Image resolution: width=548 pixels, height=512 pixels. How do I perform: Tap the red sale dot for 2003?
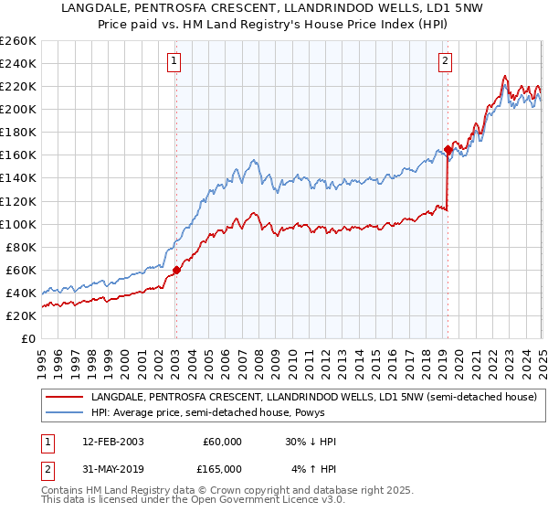point(176,270)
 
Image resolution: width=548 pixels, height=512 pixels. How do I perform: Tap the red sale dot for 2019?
point(448,149)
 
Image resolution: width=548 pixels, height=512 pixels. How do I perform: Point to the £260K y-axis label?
point(18,40)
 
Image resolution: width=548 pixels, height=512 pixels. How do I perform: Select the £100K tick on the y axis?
point(18,224)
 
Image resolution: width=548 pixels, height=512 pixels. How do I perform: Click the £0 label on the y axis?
point(29,338)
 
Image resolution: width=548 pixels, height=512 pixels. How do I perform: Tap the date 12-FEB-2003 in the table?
point(112,442)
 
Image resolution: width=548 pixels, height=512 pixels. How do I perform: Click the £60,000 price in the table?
point(222,442)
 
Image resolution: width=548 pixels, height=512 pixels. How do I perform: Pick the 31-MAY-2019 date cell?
point(112,469)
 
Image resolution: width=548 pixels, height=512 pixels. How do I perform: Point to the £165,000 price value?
point(222,469)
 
